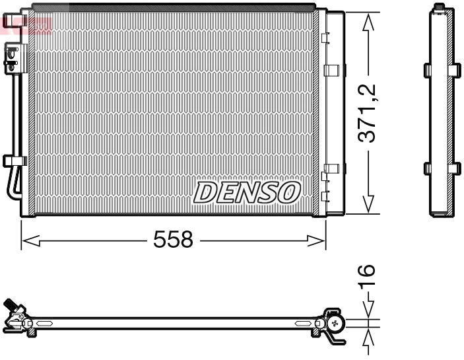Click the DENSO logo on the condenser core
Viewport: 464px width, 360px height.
[247, 192]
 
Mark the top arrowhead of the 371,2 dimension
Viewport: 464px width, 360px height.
[368, 20]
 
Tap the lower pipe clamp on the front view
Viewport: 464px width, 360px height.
[13, 161]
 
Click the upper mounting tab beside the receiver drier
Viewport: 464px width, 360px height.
[334, 69]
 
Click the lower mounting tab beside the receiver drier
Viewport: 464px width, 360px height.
[334, 168]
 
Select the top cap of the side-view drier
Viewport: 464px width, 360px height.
[440, 9]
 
